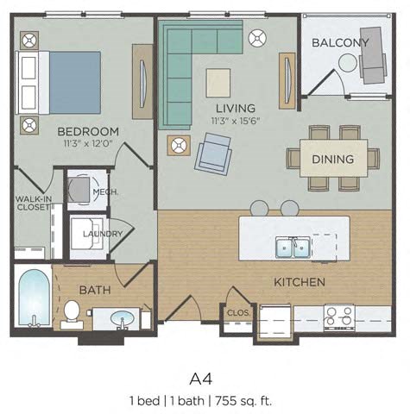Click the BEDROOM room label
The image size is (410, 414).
point(88,132)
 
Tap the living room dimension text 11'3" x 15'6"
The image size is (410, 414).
point(236,121)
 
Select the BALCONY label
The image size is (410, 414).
point(340,43)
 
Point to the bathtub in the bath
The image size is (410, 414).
point(34,298)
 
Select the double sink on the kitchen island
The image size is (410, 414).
point(293,247)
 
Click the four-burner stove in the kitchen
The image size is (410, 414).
point(339,317)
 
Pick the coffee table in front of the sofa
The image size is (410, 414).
point(218,83)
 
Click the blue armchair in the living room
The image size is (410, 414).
point(213,154)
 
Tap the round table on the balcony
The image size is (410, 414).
point(348,63)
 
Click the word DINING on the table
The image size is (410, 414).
point(333,160)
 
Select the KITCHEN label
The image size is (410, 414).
point(300,282)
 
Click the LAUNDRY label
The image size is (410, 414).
point(103,234)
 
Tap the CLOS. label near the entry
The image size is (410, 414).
point(238,312)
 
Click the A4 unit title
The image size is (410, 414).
point(201,379)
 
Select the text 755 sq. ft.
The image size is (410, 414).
point(243,401)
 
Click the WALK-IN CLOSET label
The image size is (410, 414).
point(33,203)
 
